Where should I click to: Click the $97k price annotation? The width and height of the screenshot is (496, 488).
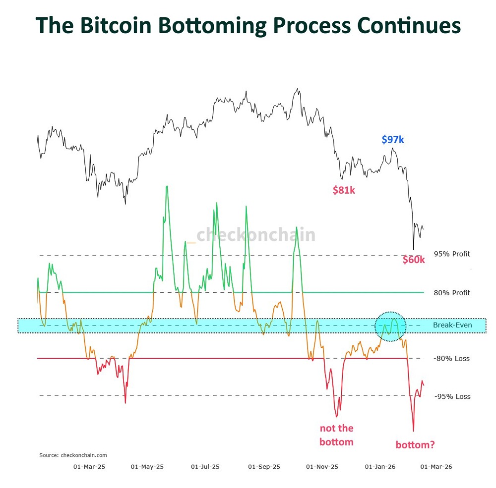coord(393,140)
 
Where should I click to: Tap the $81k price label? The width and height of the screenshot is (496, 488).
coord(343,189)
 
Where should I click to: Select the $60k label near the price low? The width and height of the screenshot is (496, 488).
coord(414,260)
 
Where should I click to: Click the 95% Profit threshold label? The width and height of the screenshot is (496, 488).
coord(452,254)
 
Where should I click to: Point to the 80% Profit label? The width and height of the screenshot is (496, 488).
coord(452,293)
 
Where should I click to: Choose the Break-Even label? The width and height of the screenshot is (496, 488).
coord(452,325)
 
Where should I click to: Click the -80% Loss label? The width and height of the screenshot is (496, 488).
coord(452,358)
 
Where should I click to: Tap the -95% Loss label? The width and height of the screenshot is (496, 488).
coord(452,396)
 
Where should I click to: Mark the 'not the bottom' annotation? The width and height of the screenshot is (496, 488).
coord(336,434)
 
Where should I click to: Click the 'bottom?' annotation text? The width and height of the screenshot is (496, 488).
coord(415,444)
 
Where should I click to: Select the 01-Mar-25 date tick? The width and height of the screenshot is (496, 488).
coord(89,467)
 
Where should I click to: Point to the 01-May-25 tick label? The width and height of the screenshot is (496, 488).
coord(147,467)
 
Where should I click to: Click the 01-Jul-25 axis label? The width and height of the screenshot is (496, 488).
coord(205,467)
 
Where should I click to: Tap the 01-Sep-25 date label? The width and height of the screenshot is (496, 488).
coord(264,467)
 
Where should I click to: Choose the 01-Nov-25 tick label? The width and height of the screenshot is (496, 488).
coord(322,467)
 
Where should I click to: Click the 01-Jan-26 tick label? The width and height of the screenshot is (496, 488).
coord(380,467)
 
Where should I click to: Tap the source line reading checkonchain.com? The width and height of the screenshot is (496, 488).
coord(73,455)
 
